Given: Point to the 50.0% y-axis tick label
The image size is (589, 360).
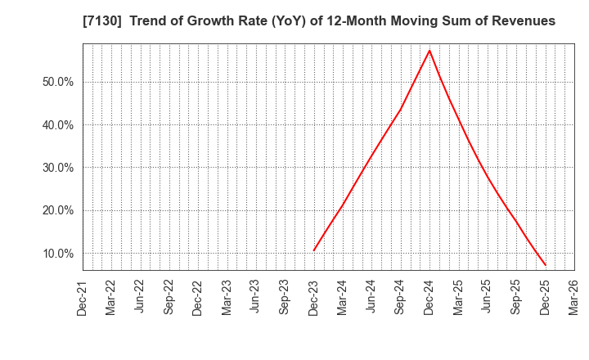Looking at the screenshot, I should (57, 82).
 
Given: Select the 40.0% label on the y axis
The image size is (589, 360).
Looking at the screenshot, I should (57, 125).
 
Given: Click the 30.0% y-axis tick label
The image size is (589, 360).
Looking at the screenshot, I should (57, 168).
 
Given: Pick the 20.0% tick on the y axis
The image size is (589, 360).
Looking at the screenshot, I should (57, 210).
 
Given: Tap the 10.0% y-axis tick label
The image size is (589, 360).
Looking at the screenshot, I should (57, 254).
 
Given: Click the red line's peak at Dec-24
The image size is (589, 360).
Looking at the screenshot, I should (429, 51).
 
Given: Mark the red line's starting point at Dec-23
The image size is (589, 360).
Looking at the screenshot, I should (314, 250).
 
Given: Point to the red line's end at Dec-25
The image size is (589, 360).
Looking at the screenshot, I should (545, 265).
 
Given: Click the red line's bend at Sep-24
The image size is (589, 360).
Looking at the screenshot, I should (401, 108).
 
